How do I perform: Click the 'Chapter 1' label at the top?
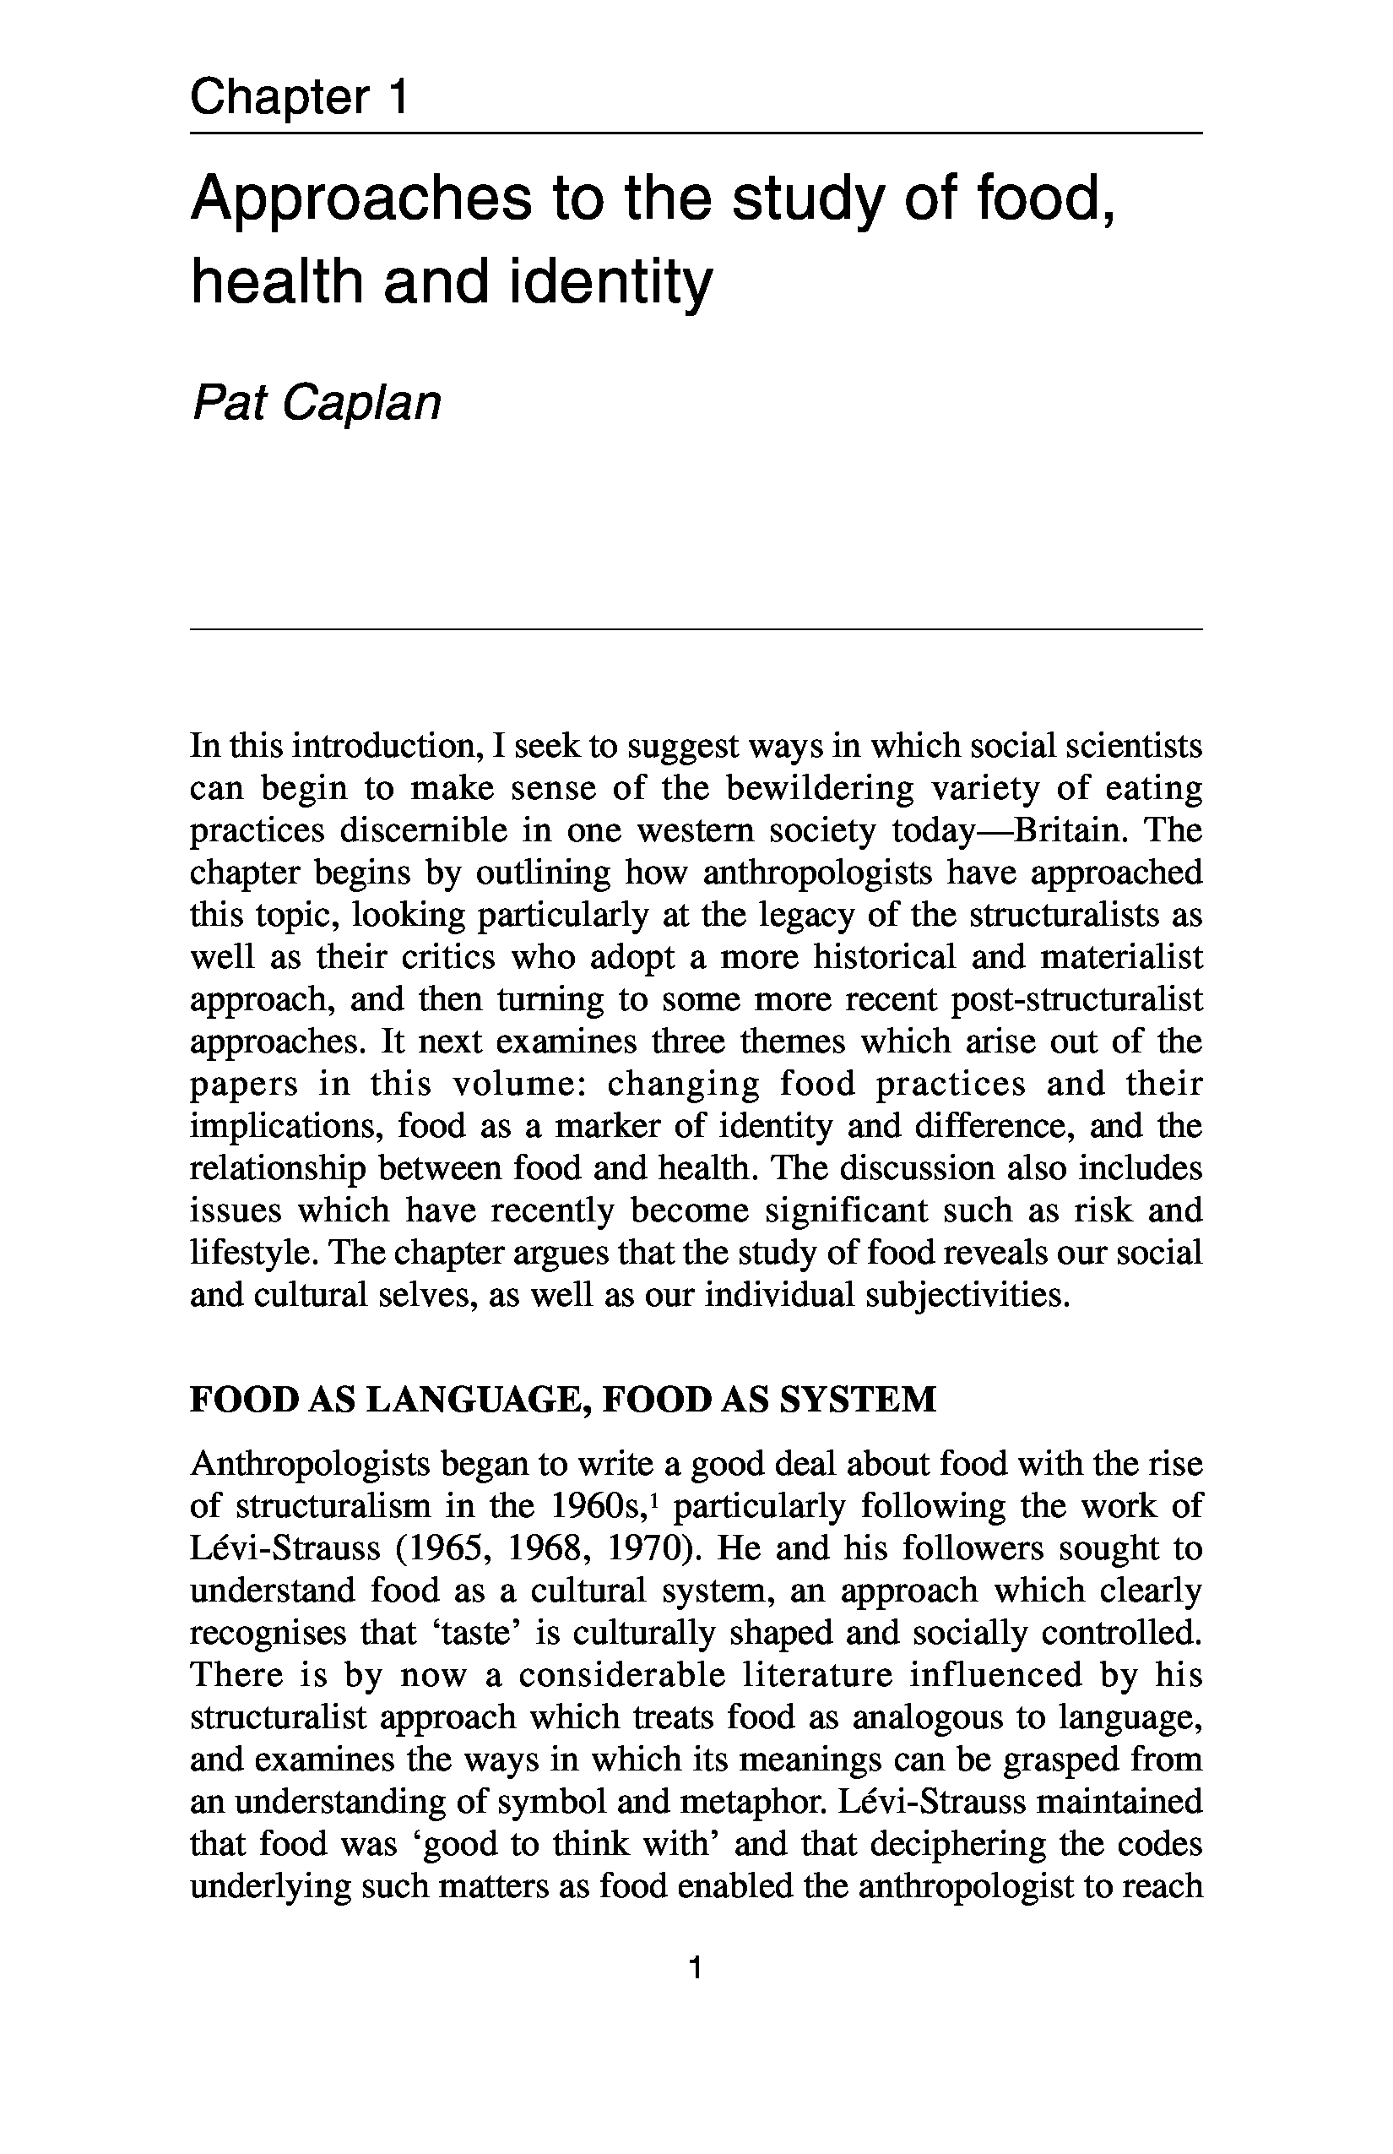coord(299,98)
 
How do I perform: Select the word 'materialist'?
coord(1122,958)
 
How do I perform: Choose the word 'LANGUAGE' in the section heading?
coord(474,1401)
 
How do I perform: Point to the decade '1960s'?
coord(599,1507)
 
